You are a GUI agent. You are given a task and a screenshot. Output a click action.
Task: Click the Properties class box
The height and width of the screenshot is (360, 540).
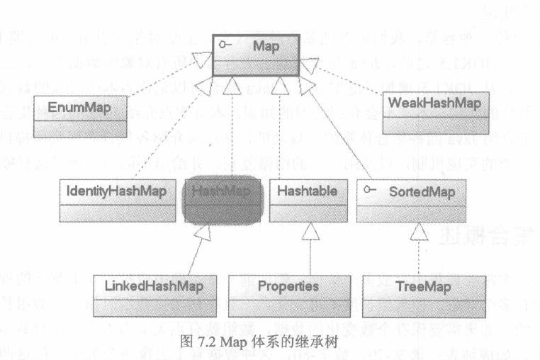click(288, 294)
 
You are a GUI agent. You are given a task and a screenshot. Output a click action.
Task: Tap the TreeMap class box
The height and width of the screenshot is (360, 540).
click(407, 294)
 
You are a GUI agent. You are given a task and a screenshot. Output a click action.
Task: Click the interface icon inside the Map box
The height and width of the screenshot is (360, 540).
click(225, 45)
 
